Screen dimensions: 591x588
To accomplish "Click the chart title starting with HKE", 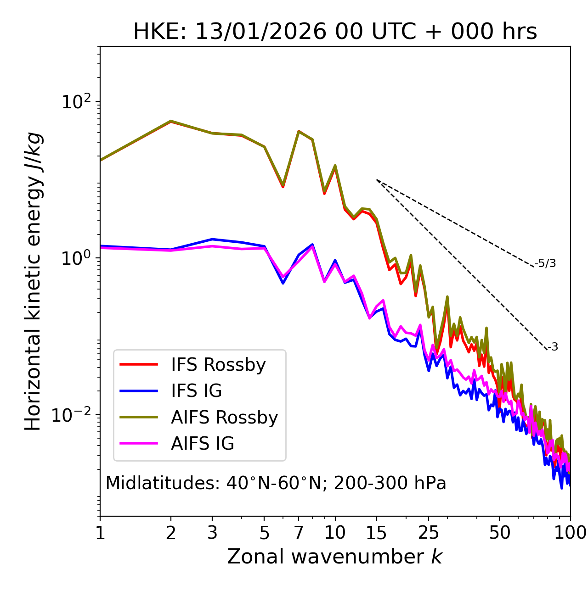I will pos(335,32).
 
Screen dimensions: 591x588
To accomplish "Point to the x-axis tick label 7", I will pos(299,533).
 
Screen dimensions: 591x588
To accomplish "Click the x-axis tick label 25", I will pos(429,533).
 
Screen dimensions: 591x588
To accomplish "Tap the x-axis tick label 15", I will pos(376,533).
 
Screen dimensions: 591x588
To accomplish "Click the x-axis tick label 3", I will pos(212,533).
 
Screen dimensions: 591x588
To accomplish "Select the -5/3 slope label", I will pos(545,263).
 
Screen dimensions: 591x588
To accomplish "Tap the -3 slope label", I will pos(553,347).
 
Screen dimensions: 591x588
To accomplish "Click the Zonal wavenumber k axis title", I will pos(335,557).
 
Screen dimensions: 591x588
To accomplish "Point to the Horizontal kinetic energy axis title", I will pos(34,281).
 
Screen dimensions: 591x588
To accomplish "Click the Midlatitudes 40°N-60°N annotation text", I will pos(276,483).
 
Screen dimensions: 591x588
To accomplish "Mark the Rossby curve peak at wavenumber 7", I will pos(299,131).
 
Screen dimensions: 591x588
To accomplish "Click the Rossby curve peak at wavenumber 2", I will pos(171,121).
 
